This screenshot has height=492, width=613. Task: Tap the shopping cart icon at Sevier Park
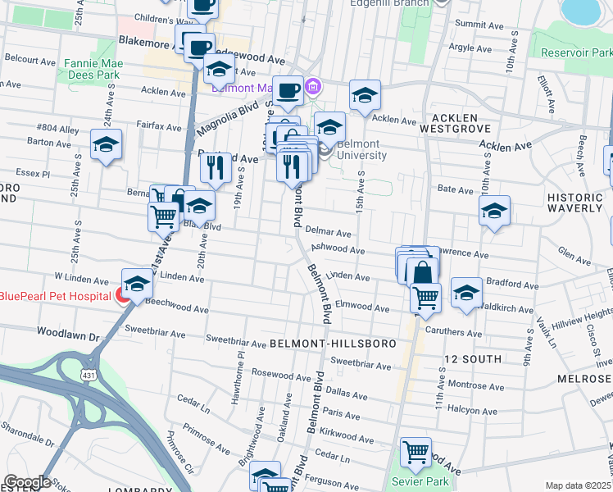click(415, 453)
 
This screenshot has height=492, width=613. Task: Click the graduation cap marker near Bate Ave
click(494, 211)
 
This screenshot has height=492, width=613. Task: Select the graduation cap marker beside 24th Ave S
click(106, 144)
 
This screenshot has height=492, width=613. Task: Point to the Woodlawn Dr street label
click(67, 335)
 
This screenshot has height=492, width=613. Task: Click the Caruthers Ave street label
click(454, 333)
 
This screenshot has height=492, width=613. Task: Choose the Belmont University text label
click(361, 149)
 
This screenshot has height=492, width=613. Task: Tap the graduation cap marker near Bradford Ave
click(466, 292)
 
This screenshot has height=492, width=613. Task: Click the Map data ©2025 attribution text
click(578, 485)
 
